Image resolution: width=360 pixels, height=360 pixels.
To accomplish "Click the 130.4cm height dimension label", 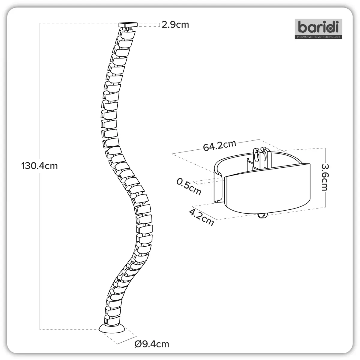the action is click(39, 166).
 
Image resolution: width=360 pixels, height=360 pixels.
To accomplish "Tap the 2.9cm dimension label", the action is click(175, 25).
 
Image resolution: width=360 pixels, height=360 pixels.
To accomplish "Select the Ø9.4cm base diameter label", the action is click(152, 344).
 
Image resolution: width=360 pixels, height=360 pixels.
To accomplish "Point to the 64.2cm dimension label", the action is click(220, 145).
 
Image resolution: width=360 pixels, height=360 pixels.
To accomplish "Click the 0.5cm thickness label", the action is click(189, 187).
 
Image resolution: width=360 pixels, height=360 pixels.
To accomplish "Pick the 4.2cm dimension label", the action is click(201, 217).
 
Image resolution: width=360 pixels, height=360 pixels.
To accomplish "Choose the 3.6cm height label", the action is click(325, 177).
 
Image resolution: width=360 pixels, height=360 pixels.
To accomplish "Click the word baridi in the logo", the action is click(318, 27).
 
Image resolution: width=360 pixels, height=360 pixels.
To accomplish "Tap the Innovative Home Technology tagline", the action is click(318, 37).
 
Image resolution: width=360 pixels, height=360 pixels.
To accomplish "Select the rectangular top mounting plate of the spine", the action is click(128, 25).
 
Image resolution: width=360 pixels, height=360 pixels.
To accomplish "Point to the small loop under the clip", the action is click(262, 216).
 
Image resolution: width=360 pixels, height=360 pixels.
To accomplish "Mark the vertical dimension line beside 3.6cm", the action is click(325, 178).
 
